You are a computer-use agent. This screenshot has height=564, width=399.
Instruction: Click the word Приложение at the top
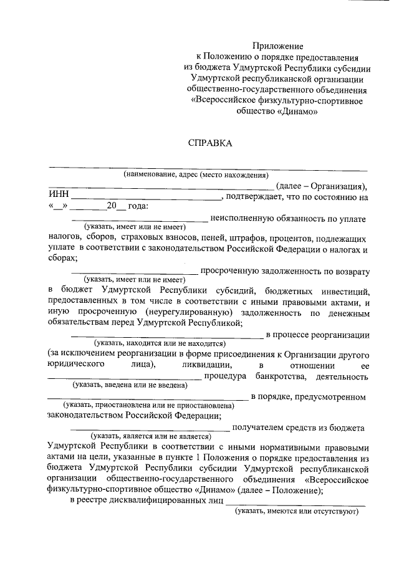(277, 46)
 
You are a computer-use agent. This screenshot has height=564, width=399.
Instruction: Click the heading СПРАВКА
(210, 143)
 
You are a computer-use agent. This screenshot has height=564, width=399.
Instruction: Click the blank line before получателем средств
(149, 429)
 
